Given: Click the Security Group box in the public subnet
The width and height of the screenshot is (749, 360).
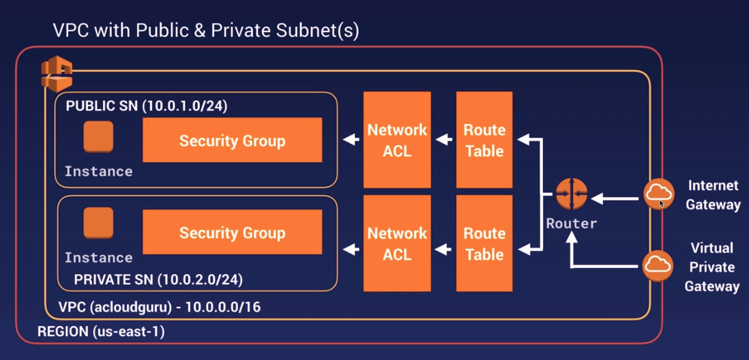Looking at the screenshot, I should pyautogui.click(x=232, y=140).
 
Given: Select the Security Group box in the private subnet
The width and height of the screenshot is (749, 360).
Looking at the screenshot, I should pyautogui.click(x=232, y=232).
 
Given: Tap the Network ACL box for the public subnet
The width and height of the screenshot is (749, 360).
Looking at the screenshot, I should pyautogui.click(x=397, y=140).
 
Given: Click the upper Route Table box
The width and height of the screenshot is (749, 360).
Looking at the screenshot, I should pyautogui.click(x=484, y=140).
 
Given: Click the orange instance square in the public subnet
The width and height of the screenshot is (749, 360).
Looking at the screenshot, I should pyautogui.click(x=98, y=136).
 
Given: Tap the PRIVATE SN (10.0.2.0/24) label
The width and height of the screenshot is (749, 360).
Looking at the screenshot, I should pyautogui.click(x=158, y=280).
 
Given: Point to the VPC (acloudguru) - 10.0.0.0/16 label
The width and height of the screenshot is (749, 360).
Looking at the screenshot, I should pyautogui.click(x=159, y=307).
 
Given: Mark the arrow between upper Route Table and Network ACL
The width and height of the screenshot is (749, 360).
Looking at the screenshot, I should pyautogui.click(x=444, y=140).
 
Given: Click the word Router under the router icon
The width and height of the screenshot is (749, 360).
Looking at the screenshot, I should pyautogui.click(x=571, y=223).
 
